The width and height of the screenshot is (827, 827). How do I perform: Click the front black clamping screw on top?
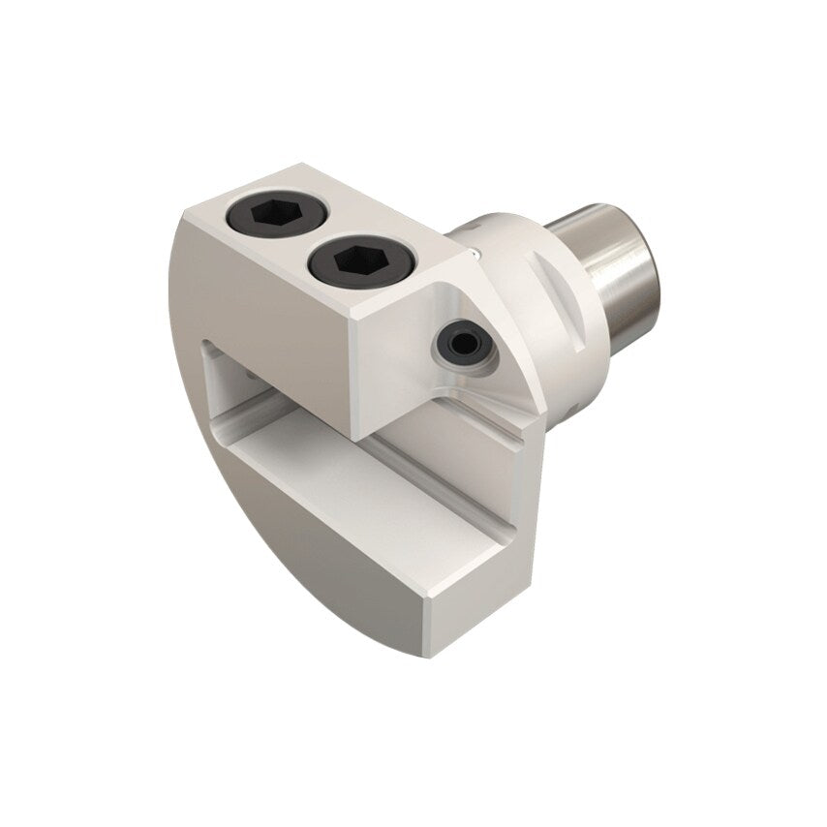[x=347, y=260]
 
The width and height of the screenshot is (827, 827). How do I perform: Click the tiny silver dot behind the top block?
[x=472, y=254]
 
